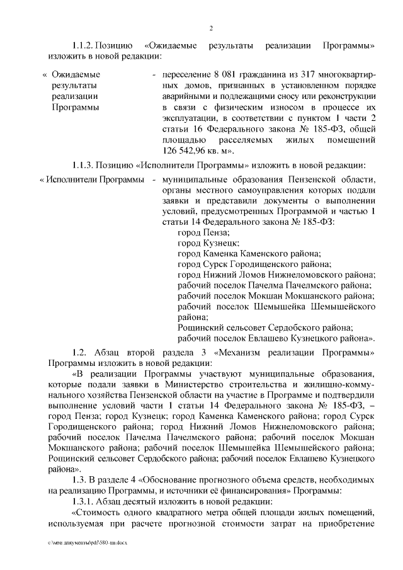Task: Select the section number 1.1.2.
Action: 83,47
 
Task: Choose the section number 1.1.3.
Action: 83,166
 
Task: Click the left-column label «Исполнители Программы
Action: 92,181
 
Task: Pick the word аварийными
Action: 184,96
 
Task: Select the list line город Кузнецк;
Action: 208,242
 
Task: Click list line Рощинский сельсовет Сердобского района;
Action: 265,328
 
